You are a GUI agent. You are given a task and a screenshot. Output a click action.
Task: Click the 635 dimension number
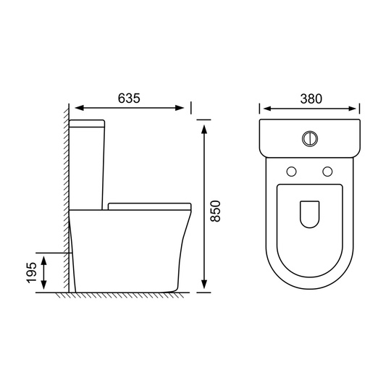tap(129, 98)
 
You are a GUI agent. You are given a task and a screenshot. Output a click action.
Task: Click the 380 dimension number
tap(311, 98)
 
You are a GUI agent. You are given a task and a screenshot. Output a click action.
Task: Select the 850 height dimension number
tap(216, 211)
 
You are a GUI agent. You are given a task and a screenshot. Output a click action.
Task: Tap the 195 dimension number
tap(32, 272)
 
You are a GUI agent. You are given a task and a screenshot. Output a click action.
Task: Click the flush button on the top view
tap(310, 138)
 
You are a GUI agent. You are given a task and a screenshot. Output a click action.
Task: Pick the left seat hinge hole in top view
tap(292, 172)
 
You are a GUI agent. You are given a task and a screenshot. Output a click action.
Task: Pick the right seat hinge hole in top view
tap(327, 172)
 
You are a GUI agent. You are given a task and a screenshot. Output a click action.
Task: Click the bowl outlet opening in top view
tap(310, 214)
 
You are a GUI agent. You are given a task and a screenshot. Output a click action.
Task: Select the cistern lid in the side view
tap(87, 123)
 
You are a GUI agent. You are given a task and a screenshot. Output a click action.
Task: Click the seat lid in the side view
tap(150, 206)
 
